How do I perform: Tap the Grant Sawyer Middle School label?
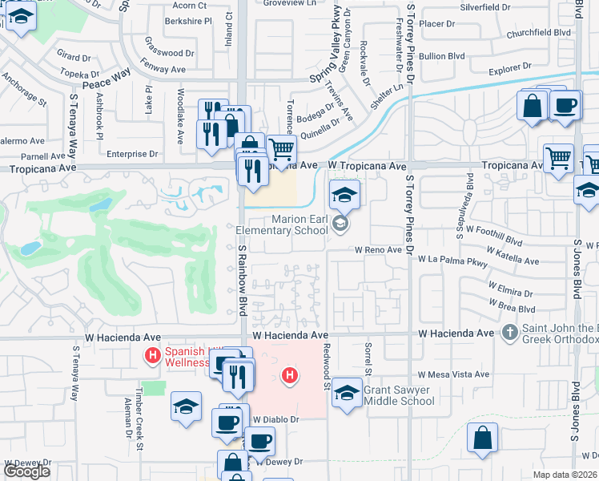pos(399,395)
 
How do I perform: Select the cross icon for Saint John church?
pos(509,331)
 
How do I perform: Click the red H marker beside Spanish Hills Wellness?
pos(150,354)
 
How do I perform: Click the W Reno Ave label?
pos(379,249)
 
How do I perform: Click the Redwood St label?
pos(328,370)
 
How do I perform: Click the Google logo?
pos(26,471)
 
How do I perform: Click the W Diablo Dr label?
pos(276,418)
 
